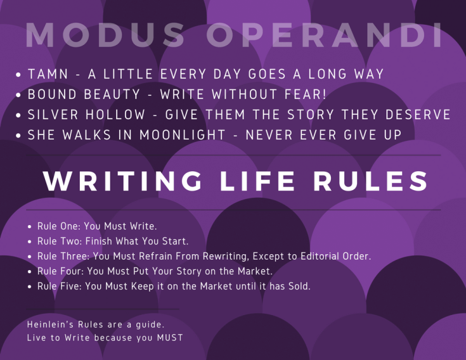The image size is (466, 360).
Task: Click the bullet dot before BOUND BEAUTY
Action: pyautogui.click(x=20, y=96)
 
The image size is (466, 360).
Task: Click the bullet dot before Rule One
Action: pyautogui.click(x=30, y=226)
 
